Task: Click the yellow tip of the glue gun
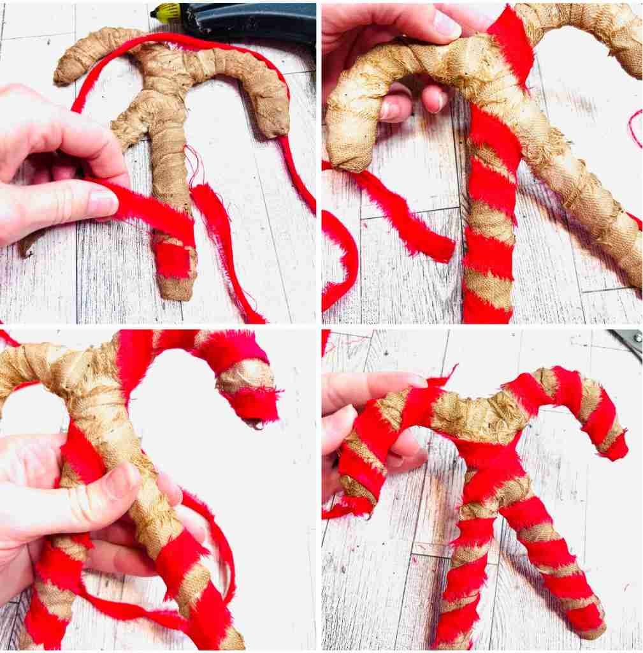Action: (x=164, y=11)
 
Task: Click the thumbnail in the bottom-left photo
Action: (x=121, y=481)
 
